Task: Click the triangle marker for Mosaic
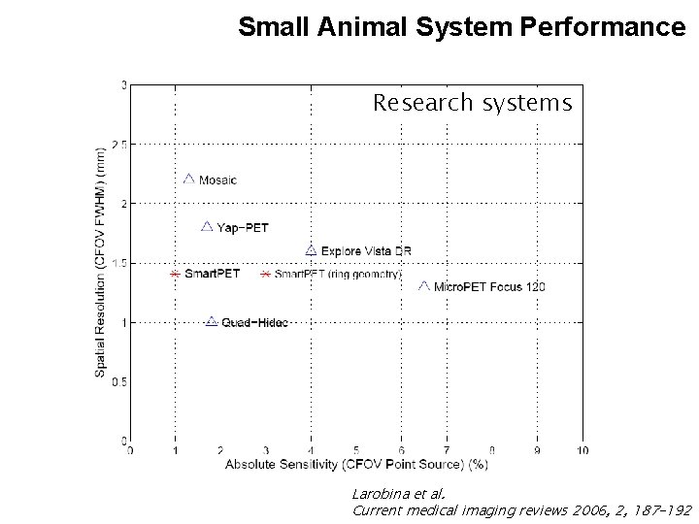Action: pyautogui.click(x=189, y=179)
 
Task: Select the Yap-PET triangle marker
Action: pyautogui.click(x=206, y=226)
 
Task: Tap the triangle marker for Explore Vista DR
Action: pyautogui.click(x=311, y=250)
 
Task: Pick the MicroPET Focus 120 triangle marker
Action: pyautogui.click(x=423, y=285)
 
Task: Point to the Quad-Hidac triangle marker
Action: pyautogui.click(x=212, y=321)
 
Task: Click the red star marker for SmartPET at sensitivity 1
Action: pyautogui.click(x=175, y=275)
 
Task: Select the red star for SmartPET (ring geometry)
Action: pyautogui.click(x=265, y=275)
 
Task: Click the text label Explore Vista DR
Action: pyautogui.click(x=366, y=251)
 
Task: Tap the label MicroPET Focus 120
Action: pyautogui.click(x=489, y=286)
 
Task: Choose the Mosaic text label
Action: pyautogui.click(x=217, y=180)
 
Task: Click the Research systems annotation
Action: pyautogui.click(x=472, y=103)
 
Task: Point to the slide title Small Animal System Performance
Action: pyautogui.click(x=461, y=26)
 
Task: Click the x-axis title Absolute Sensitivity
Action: pyautogui.click(x=356, y=465)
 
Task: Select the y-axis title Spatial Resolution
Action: pyautogui.click(x=101, y=262)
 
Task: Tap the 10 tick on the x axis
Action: pyautogui.click(x=582, y=450)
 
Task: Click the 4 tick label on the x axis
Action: pyautogui.click(x=311, y=450)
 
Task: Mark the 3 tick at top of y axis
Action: pyautogui.click(x=123, y=84)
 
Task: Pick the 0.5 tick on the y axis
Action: pyautogui.click(x=119, y=381)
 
